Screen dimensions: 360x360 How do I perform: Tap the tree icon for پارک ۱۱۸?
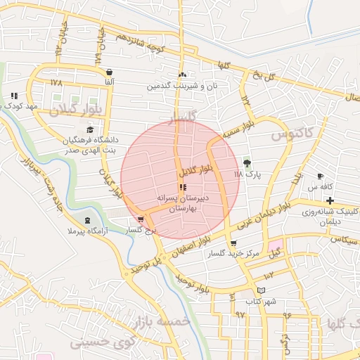pyautogui.click(x=246, y=162)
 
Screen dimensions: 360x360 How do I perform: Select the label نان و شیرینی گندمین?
pyautogui.click(x=181, y=86)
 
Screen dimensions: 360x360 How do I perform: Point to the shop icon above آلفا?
pyautogui.click(x=109, y=72)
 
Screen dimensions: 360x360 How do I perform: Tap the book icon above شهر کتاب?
pyautogui.click(x=262, y=290)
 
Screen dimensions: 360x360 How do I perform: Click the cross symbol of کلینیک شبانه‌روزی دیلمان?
pyautogui.click(x=330, y=200)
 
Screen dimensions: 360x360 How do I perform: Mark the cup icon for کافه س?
pyautogui.click(x=321, y=176)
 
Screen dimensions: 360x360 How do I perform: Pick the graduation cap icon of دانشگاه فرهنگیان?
pyautogui.click(x=89, y=129)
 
